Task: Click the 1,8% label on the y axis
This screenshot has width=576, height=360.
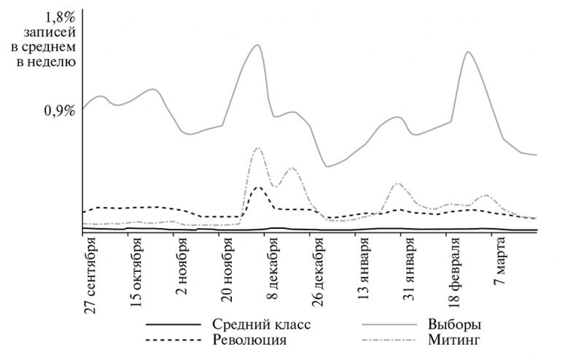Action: (x=54, y=15)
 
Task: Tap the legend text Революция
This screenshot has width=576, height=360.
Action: (x=249, y=340)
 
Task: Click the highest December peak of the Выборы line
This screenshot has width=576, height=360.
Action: (x=256, y=45)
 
